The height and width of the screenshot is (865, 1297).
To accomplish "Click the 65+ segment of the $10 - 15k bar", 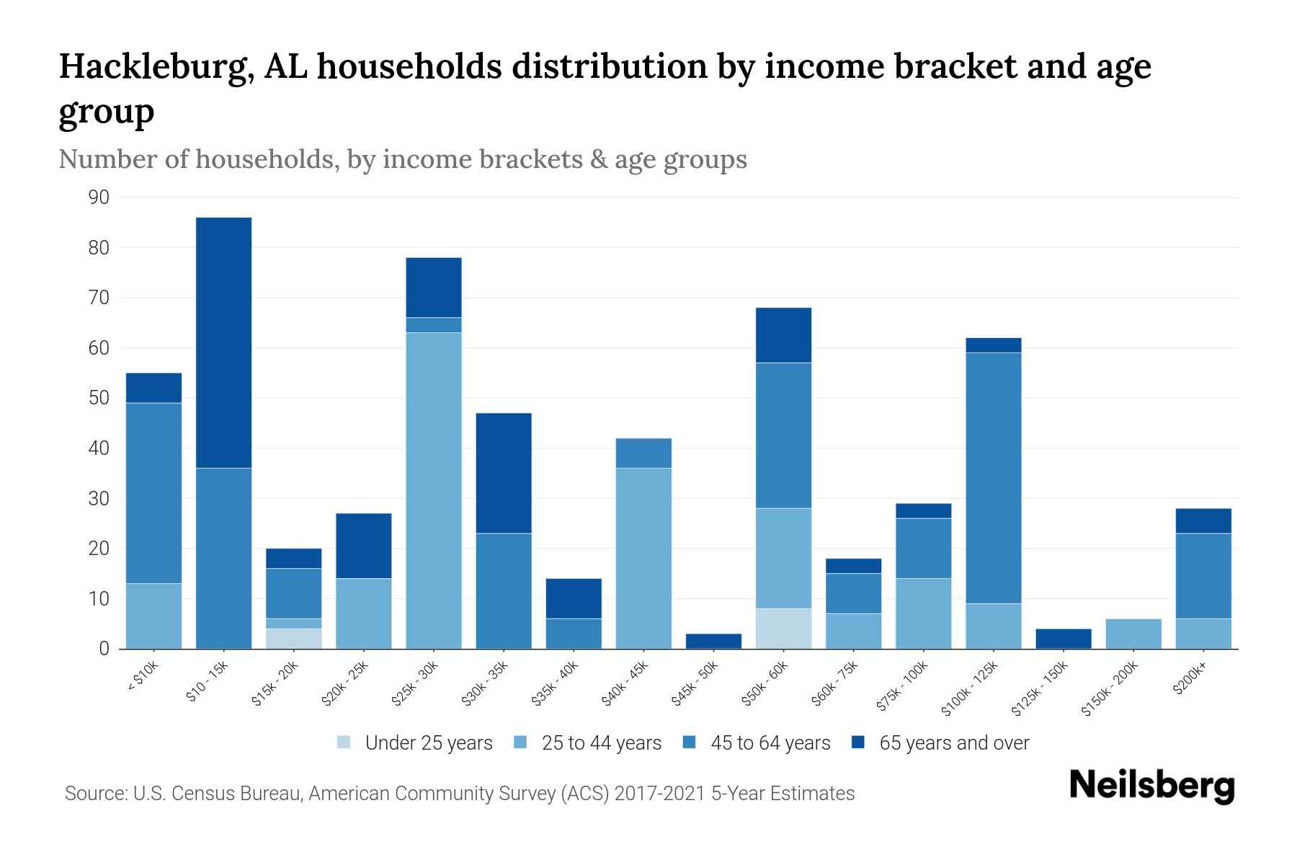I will click(223, 342).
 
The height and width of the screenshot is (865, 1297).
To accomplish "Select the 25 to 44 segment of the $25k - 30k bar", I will click(433, 490).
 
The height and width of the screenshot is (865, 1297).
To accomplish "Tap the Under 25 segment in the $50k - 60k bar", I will click(783, 629).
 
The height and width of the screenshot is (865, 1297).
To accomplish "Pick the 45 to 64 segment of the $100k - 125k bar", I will click(993, 478).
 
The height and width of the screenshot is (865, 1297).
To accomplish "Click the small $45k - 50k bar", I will click(713, 641).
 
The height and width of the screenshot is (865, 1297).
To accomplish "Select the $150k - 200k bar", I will click(1133, 634).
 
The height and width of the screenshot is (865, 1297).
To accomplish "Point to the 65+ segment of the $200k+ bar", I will click(1203, 520).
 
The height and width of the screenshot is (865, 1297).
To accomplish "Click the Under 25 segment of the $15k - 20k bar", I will click(293, 639).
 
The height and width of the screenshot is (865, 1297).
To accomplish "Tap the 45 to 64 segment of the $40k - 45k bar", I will click(643, 453).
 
